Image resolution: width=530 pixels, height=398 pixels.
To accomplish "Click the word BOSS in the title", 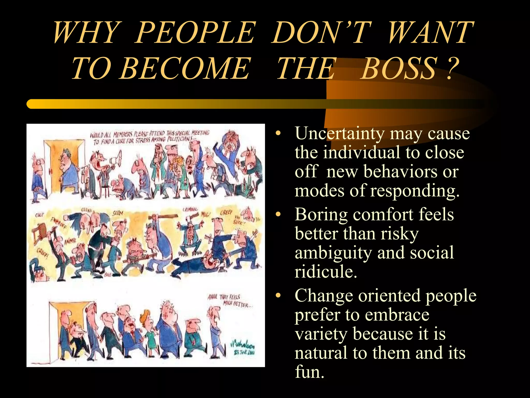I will (x=399, y=68).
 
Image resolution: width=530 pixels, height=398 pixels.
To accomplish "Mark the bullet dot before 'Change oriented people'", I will (x=278, y=296).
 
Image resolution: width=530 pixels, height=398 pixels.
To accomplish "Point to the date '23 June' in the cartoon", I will (x=244, y=353).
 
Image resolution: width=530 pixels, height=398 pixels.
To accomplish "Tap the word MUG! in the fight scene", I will (x=206, y=215).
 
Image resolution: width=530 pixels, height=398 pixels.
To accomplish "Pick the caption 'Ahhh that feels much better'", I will (x=229, y=301).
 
